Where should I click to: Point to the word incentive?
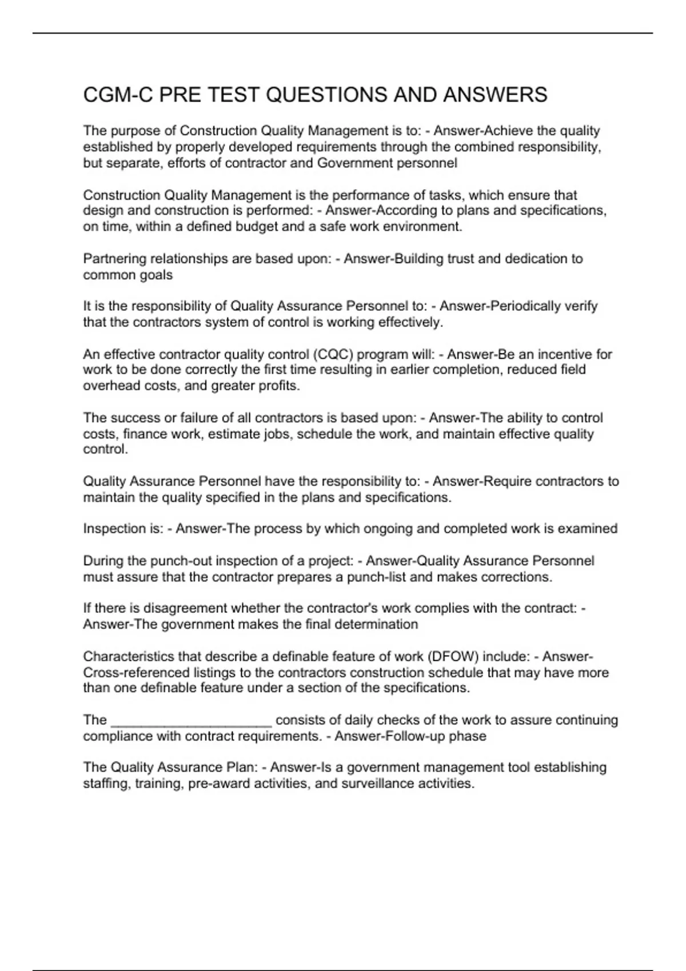click(565, 354)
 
